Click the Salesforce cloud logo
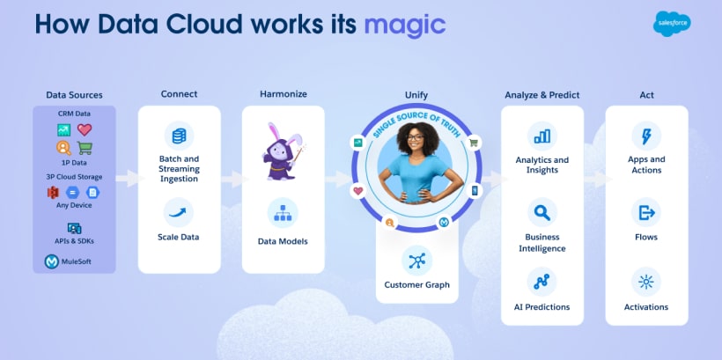tap(672, 24)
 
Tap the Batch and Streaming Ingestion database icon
tap(179, 136)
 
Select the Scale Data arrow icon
tap(179, 211)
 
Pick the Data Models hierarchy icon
tap(283, 213)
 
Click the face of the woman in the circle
tap(415, 139)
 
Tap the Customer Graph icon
tap(416, 260)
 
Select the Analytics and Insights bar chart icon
tap(541, 136)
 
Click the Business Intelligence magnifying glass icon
tap(541, 212)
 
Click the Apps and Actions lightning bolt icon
tap(646, 136)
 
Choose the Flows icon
tap(646, 212)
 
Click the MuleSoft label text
tap(74, 261)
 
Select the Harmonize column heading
tap(283, 94)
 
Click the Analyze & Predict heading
tap(541, 94)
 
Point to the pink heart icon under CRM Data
tap(85, 129)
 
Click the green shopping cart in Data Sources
tap(85, 148)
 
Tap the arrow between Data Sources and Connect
tap(127, 178)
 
